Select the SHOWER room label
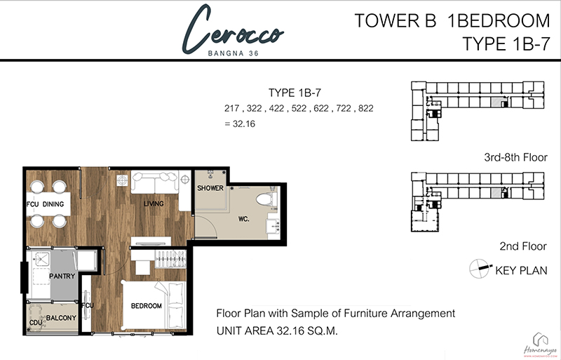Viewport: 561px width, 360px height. click(x=210, y=188)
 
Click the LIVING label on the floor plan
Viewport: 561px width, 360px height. click(x=154, y=204)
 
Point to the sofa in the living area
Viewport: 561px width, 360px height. click(x=154, y=182)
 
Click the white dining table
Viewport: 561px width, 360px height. click(x=48, y=204)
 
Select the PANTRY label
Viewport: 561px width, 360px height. click(x=62, y=276)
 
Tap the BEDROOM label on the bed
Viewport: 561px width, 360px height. click(x=147, y=305)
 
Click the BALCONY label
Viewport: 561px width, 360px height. click(x=61, y=318)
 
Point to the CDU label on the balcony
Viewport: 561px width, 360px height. click(x=36, y=323)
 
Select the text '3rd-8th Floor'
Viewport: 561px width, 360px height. click(x=515, y=157)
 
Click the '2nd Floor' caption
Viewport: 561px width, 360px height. click(x=523, y=246)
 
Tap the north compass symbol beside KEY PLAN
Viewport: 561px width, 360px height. click(x=480, y=269)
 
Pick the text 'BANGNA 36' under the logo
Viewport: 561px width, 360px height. click(x=234, y=53)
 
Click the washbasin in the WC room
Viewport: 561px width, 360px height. click(x=273, y=226)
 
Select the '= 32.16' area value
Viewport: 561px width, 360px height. click(x=240, y=124)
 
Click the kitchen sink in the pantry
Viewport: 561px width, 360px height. click(x=42, y=259)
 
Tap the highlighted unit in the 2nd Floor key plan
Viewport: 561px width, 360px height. click(x=496, y=193)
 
